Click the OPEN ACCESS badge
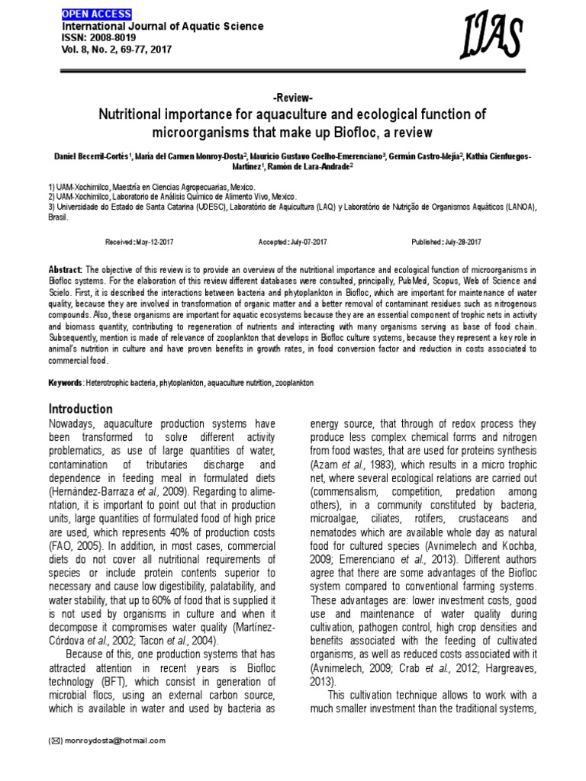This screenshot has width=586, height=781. click(x=96, y=14)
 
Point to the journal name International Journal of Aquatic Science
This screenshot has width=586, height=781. click(x=162, y=26)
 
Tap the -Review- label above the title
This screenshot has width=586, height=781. click(x=292, y=99)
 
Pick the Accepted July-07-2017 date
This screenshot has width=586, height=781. click(x=293, y=243)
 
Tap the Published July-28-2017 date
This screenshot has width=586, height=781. click(x=446, y=243)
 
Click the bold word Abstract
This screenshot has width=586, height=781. click(x=66, y=270)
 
